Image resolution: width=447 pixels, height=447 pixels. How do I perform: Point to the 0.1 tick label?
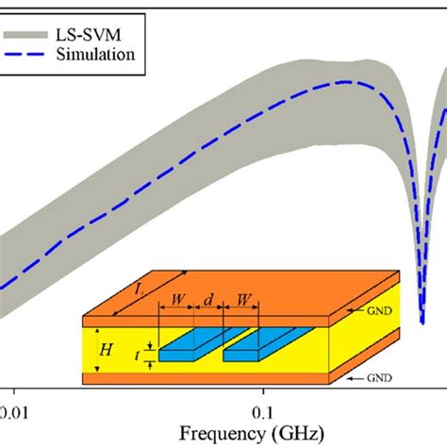coord(263,412)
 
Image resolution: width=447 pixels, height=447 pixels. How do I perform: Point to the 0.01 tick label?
coord(13,412)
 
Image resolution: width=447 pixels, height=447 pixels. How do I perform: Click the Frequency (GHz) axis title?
coord(224,435)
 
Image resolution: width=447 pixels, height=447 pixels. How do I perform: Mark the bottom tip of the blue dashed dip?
coord(422,321)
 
